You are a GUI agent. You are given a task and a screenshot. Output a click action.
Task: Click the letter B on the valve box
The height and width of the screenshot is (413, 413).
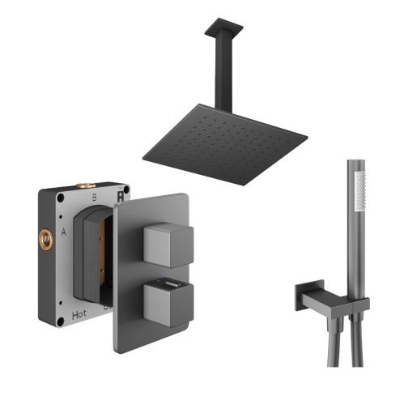pos(94,197)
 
